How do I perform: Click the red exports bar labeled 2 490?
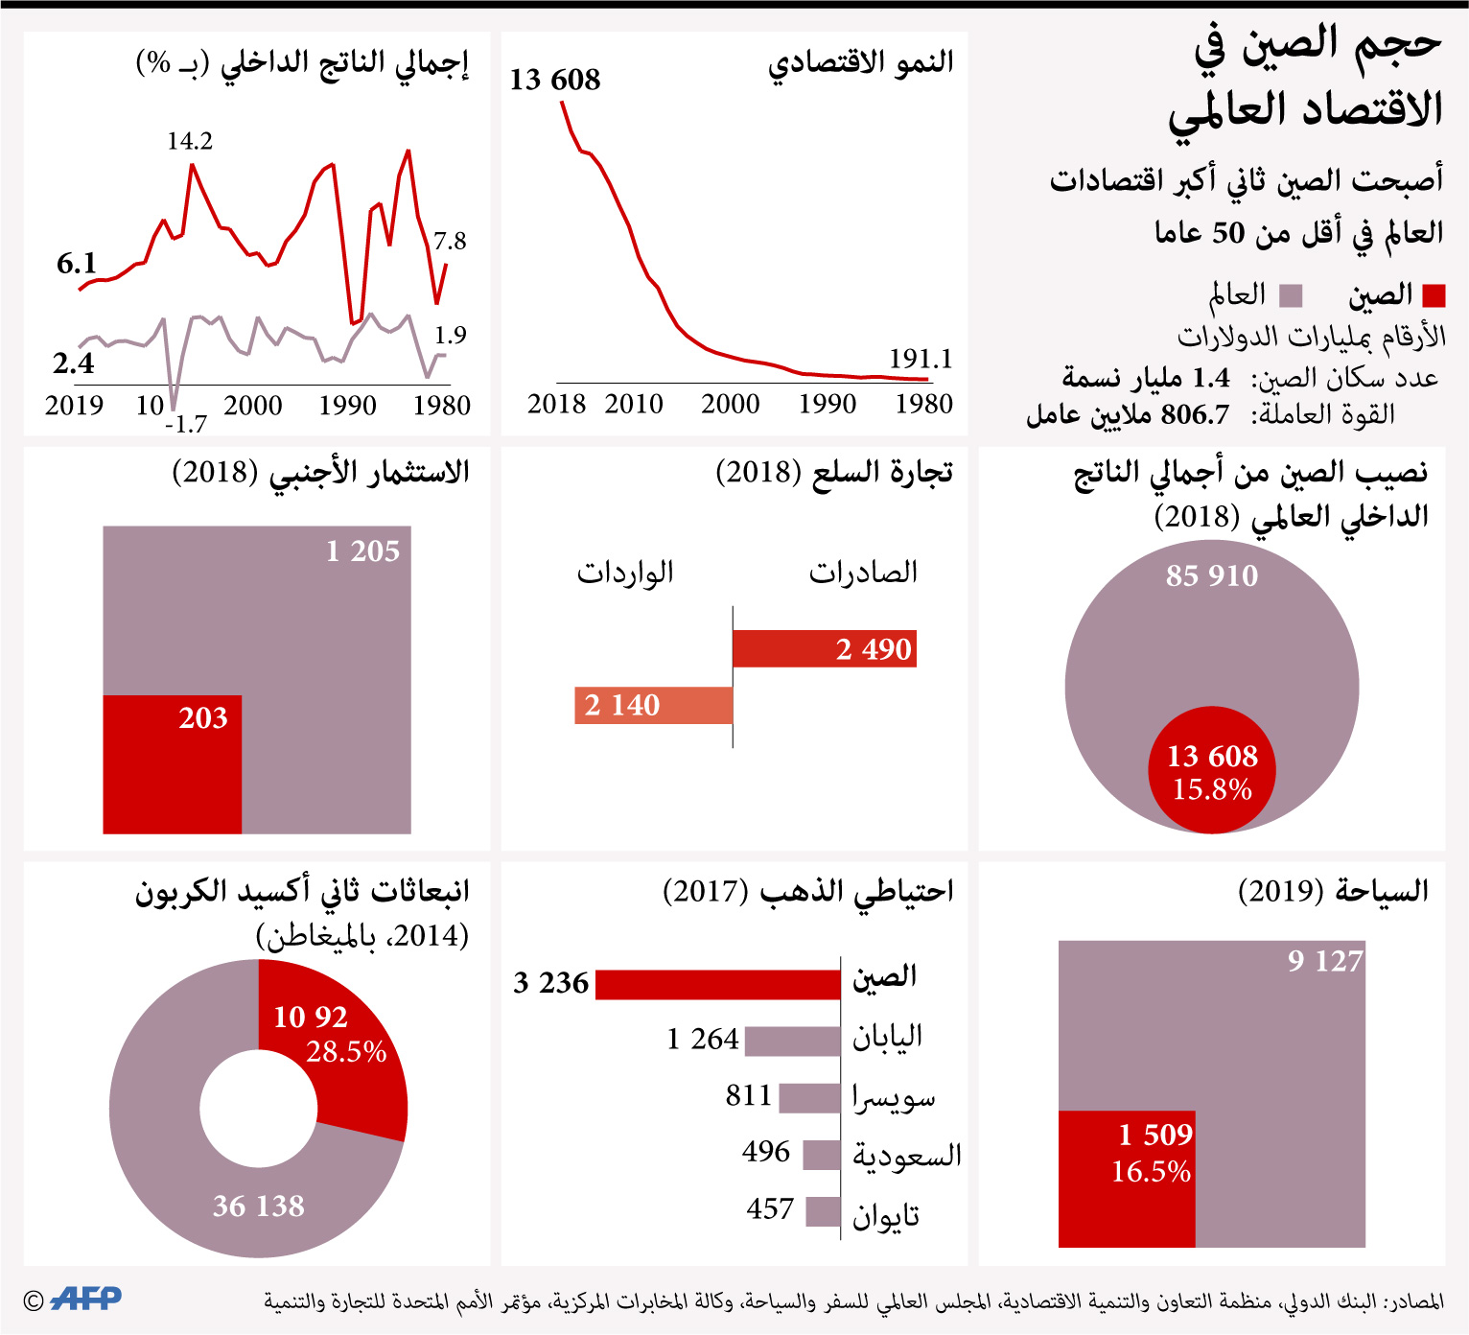pyautogui.click(x=824, y=648)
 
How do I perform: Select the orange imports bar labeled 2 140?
pyautogui.click(x=653, y=705)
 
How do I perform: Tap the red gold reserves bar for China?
pyautogui.click(x=717, y=984)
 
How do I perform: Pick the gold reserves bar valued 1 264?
pyautogui.click(x=792, y=1041)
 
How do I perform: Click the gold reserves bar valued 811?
pyautogui.click(x=809, y=1097)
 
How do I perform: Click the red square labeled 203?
pyautogui.click(x=173, y=763)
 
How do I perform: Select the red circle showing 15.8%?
pyautogui.click(x=1212, y=770)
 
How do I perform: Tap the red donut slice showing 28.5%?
pyautogui.click(x=336, y=1045)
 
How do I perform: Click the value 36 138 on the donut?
pyautogui.click(x=258, y=1206)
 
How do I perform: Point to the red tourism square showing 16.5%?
pyautogui.click(x=1127, y=1179)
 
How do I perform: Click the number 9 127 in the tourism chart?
pyautogui.click(x=1325, y=960)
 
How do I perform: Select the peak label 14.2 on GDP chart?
pyautogui.click(x=190, y=141)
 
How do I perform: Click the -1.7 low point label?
pyautogui.click(x=186, y=424)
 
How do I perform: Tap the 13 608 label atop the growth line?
pyautogui.click(x=554, y=79)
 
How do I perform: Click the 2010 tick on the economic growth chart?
pyautogui.click(x=634, y=404)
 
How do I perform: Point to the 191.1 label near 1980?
pyautogui.click(x=921, y=359)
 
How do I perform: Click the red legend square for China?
pyautogui.click(x=1434, y=295)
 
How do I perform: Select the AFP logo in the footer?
pyautogui.click(x=85, y=1299)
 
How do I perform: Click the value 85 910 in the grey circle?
pyautogui.click(x=1212, y=575)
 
